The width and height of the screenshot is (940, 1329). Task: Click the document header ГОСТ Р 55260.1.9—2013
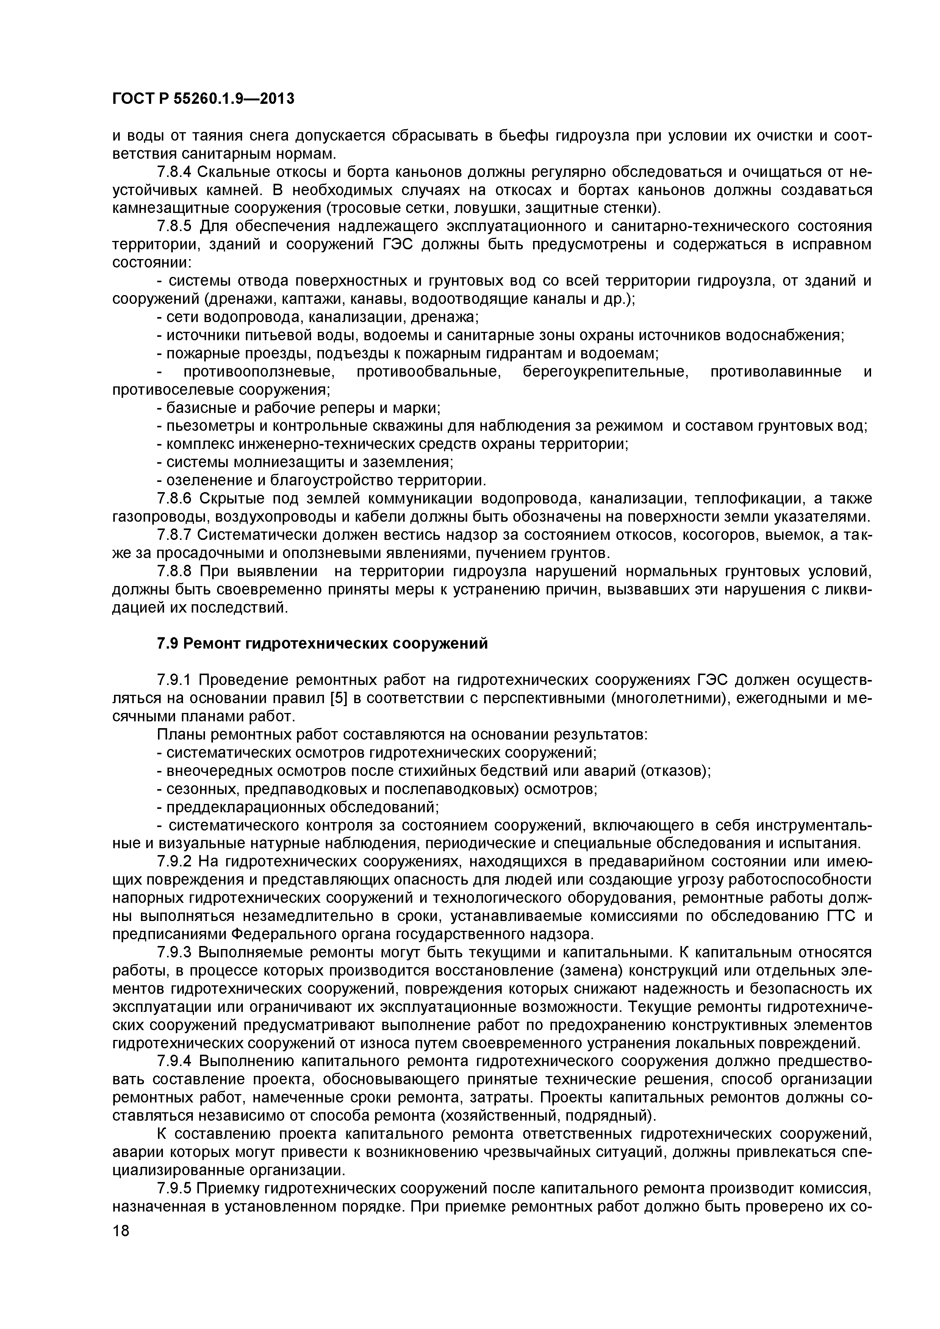pyautogui.click(x=203, y=100)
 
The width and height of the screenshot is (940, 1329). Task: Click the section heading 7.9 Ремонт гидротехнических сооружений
pyautogui.click(x=322, y=644)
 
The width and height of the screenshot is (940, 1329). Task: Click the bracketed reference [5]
pyautogui.click(x=338, y=699)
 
